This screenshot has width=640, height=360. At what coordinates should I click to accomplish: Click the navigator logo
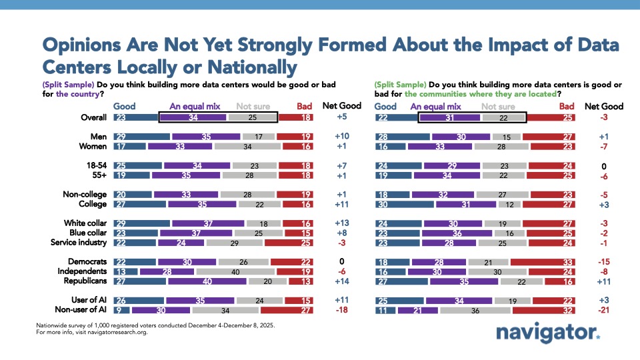pyautogui.click(x=549, y=333)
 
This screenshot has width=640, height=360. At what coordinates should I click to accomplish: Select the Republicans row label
pyautogui.click(x=85, y=281)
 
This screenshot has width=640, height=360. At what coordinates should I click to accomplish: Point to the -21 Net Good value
pyautogui.click(x=603, y=309)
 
